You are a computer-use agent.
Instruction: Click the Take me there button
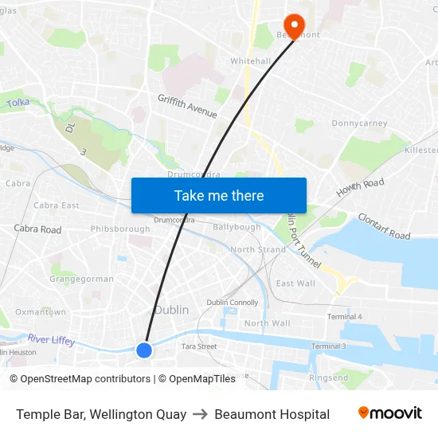(219, 195)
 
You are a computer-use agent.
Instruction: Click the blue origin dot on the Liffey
(144, 350)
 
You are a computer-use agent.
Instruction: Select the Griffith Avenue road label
(187, 106)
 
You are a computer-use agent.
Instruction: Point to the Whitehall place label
(250, 61)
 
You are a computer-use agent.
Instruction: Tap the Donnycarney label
(359, 123)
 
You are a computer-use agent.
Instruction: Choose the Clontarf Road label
(384, 226)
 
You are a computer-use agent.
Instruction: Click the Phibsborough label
(120, 229)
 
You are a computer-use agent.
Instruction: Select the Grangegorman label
(81, 279)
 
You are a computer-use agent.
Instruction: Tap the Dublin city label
(171, 310)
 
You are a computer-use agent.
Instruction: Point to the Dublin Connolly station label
(233, 303)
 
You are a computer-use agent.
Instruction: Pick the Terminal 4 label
(344, 317)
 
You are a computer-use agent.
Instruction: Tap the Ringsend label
(328, 377)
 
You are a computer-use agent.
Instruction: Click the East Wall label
(295, 284)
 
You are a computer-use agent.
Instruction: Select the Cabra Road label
(37, 229)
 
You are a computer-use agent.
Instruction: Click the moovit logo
(389, 413)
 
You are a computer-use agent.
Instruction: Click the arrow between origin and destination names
(200, 414)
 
